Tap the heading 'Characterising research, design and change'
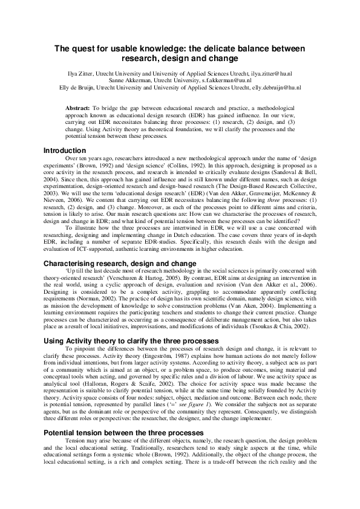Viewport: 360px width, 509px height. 120,263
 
